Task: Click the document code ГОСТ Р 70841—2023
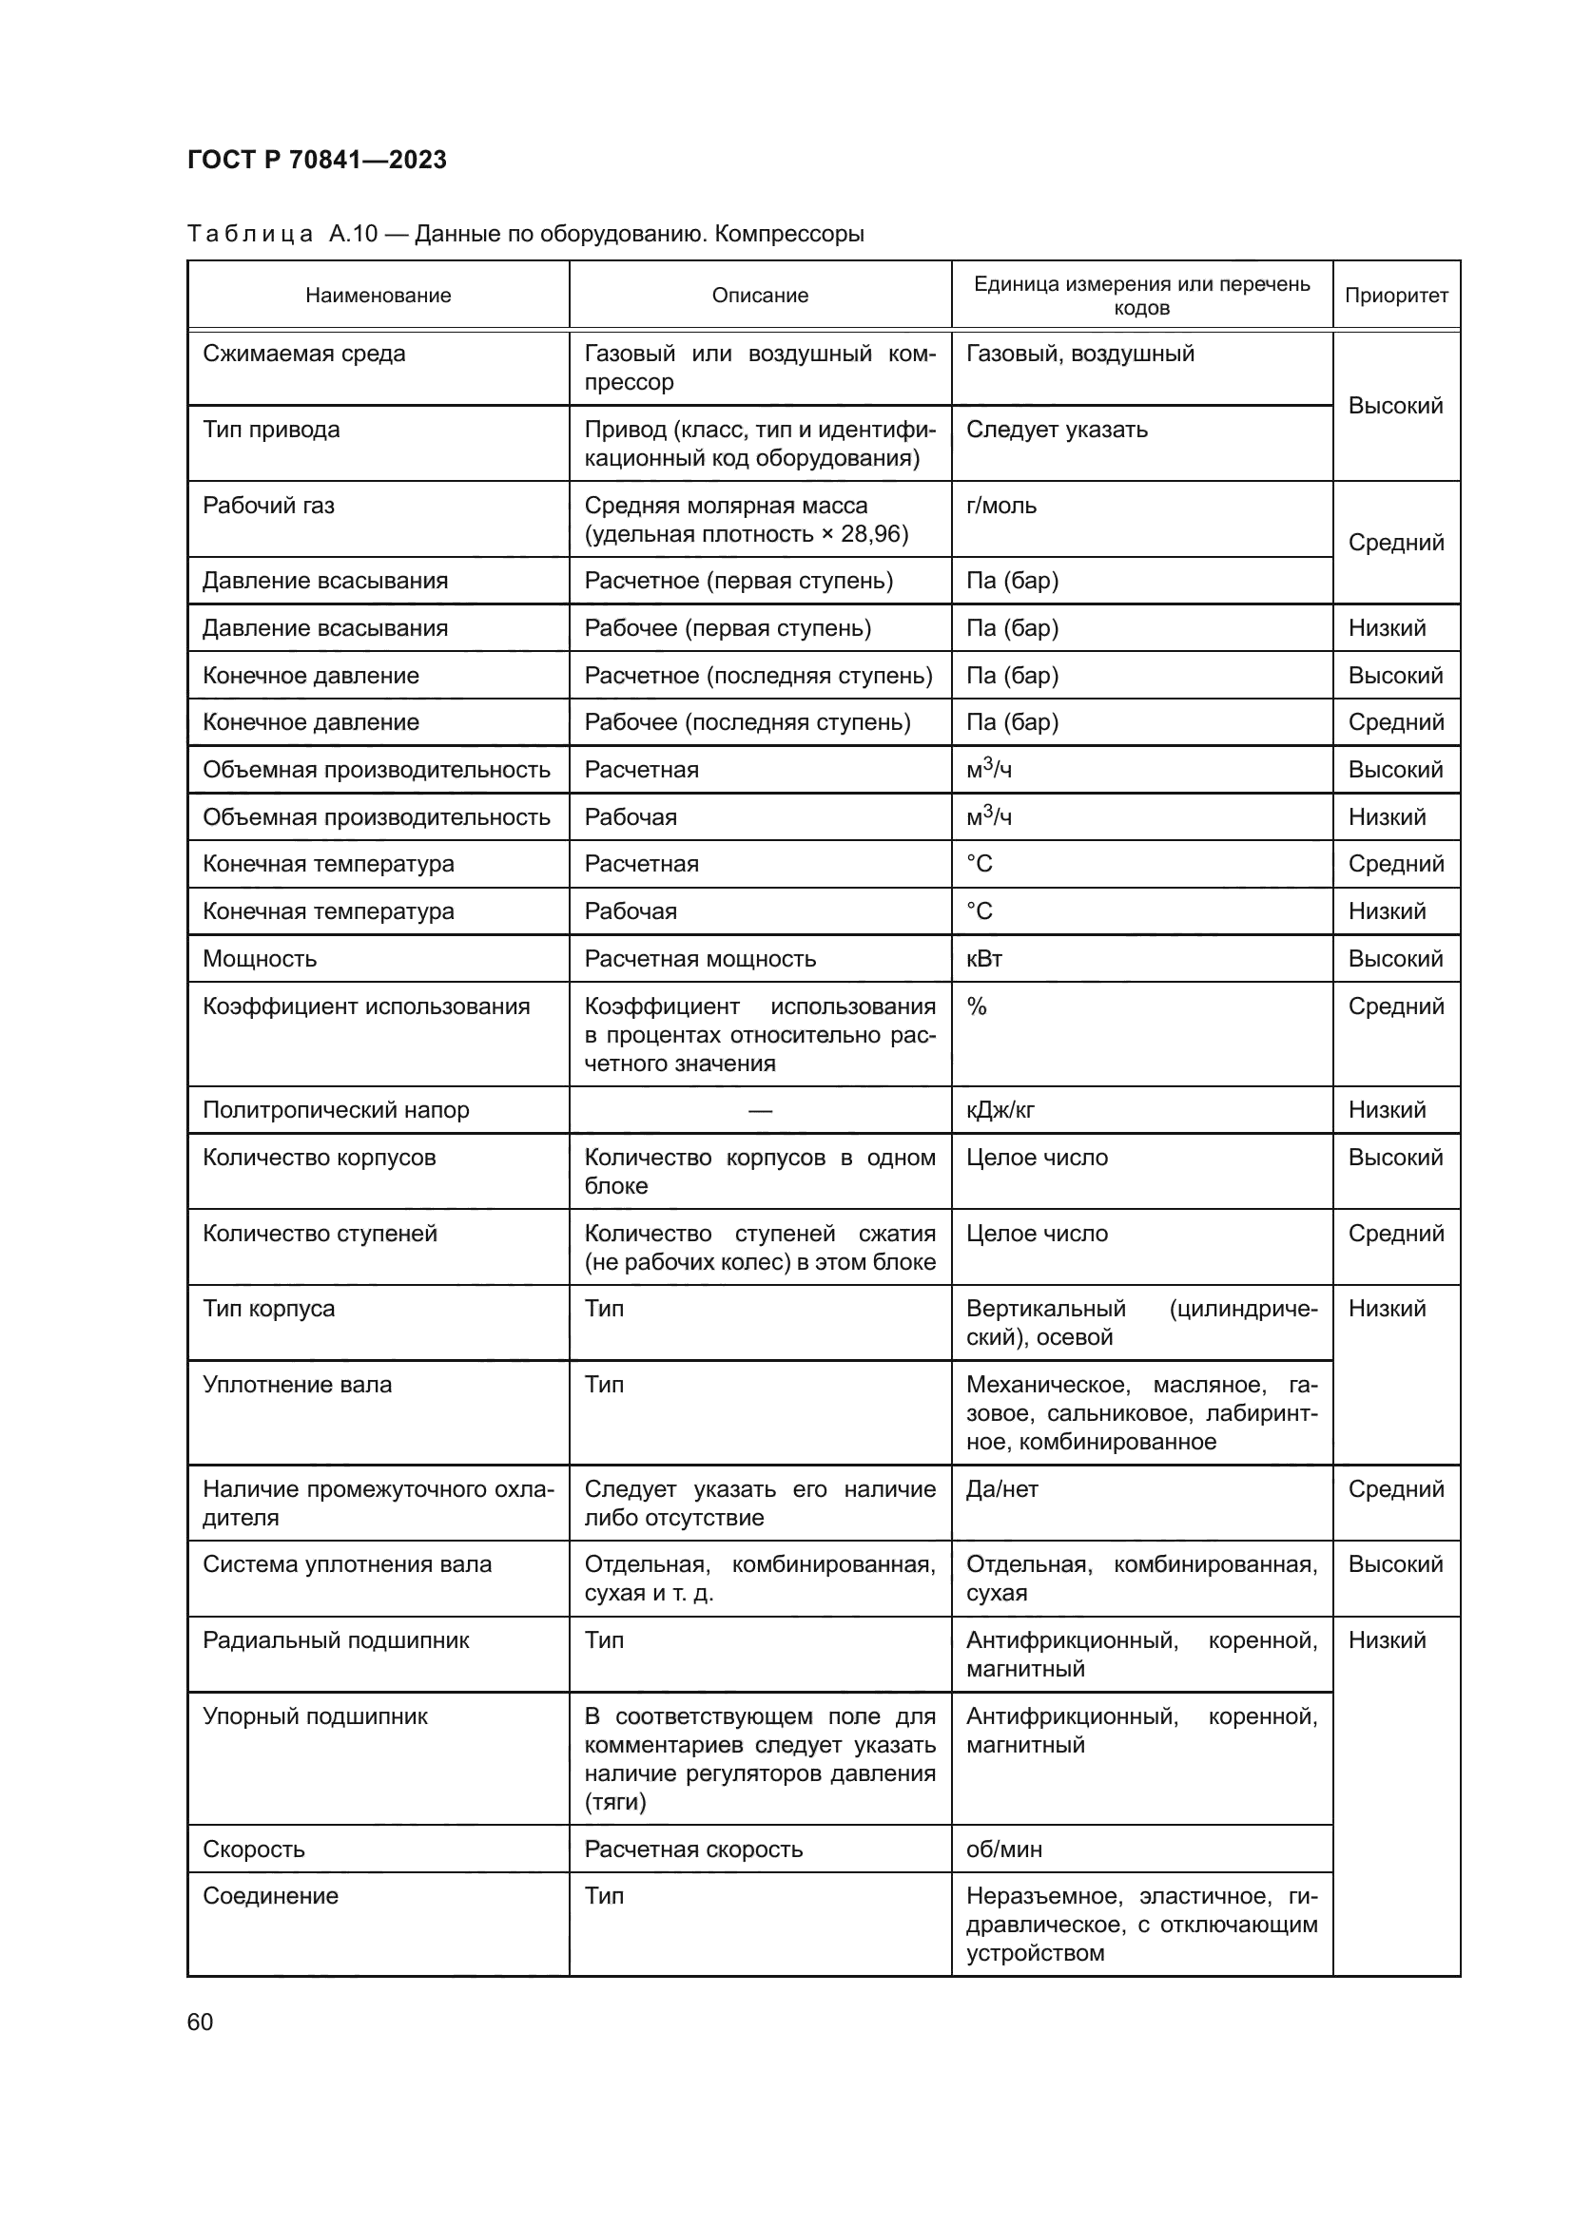pyautogui.click(x=317, y=160)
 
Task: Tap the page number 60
pyautogui.click(x=201, y=2022)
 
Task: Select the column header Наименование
pyautogui.click(x=378, y=296)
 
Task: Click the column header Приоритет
pyautogui.click(x=1396, y=296)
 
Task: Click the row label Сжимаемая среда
pyautogui.click(x=303, y=354)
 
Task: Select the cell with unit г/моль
pyautogui.click(x=1000, y=506)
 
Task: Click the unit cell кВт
pyautogui.click(x=983, y=959)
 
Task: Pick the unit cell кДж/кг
pyautogui.click(x=1000, y=1109)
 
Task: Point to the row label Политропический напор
pyautogui.click(x=335, y=1109)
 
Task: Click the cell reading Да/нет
pyautogui.click(x=1001, y=1489)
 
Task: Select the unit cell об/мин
pyautogui.click(x=1003, y=1849)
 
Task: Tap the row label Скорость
pyautogui.click(x=253, y=1849)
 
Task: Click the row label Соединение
pyautogui.click(x=270, y=1896)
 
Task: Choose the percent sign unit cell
pyautogui.click(x=977, y=1006)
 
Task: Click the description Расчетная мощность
pyautogui.click(x=699, y=959)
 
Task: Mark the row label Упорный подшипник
pyautogui.click(x=315, y=1716)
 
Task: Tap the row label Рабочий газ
pyautogui.click(x=268, y=506)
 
